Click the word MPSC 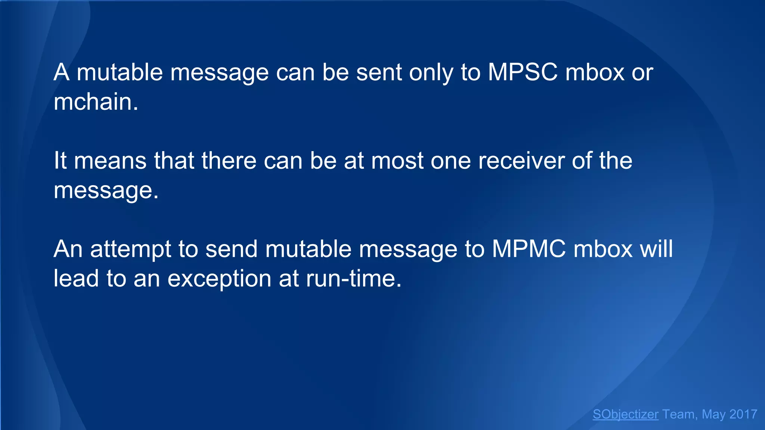(x=523, y=72)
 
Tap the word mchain (x=96, y=102)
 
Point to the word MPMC (x=529, y=249)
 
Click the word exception (x=219, y=279)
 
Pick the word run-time (x=353, y=278)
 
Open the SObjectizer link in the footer (x=625, y=414)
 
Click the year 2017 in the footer (x=743, y=414)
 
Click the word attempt (x=130, y=249)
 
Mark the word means (x=110, y=161)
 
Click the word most (x=397, y=161)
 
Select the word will (x=656, y=249)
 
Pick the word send (x=231, y=249)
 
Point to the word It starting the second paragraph (x=60, y=161)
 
